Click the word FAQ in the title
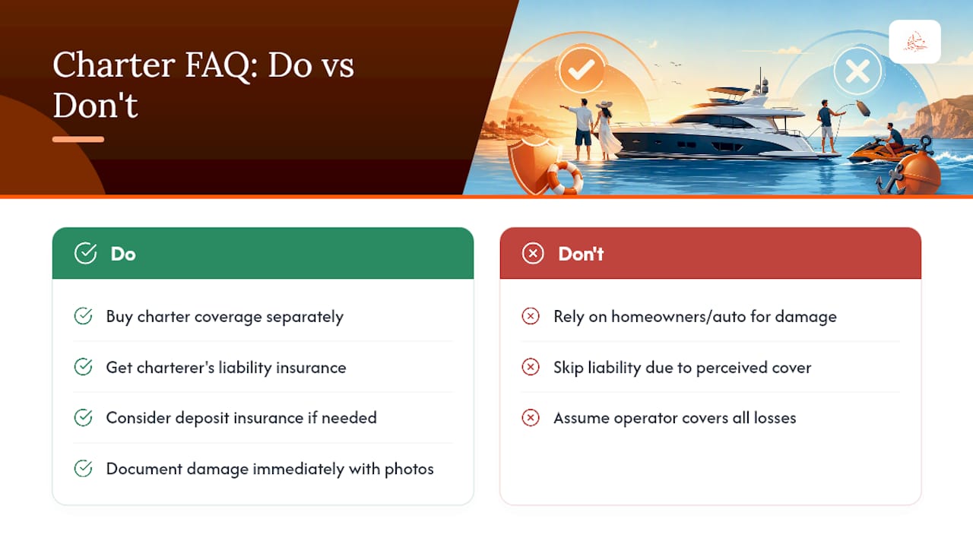click(217, 65)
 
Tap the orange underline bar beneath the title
click(78, 139)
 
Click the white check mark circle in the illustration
click(582, 70)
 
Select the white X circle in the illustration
click(857, 71)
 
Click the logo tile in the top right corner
click(914, 42)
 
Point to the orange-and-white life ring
click(565, 178)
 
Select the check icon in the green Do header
click(85, 253)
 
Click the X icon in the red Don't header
click(533, 253)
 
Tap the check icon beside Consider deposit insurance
click(83, 418)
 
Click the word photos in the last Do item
click(409, 470)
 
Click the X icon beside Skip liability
click(531, 367)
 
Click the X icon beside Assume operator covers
click(531, 418)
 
